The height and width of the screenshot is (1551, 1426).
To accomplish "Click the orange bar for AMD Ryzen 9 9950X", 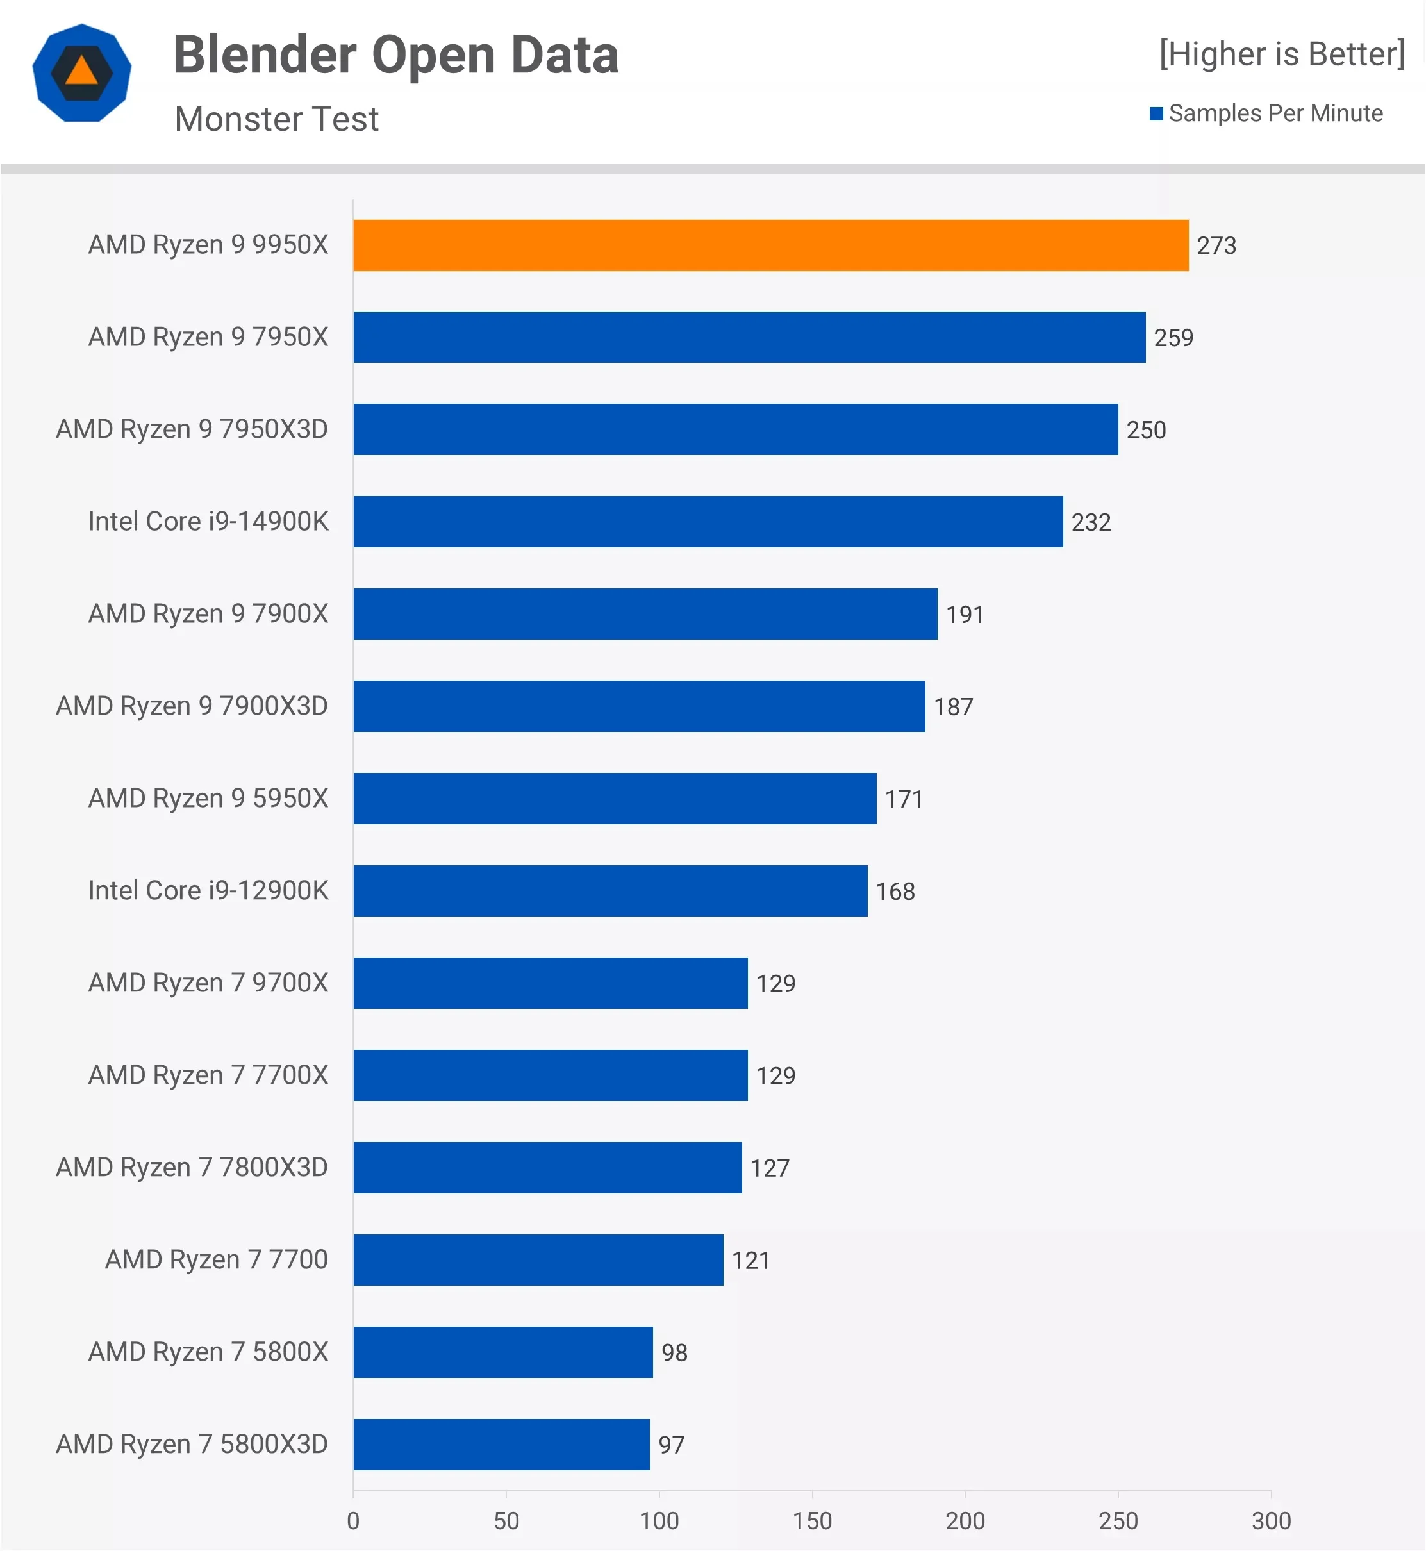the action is [771, 245].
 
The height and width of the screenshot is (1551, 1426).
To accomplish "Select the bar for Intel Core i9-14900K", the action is [708, 522].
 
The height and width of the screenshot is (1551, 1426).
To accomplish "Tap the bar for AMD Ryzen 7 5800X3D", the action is [502, 1445].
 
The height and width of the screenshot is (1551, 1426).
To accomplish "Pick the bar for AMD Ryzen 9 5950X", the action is [615, 799].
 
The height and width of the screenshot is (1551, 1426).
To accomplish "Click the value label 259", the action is [1173, 338].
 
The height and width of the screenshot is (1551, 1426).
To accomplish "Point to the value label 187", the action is [954, 707].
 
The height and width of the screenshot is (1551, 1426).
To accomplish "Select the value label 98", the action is [674, 1353].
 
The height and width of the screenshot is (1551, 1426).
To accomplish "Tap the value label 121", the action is [750, 1261].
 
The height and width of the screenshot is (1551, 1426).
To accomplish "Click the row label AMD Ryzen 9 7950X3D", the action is [192, 429].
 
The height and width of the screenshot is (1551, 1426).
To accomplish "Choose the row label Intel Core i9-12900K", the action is [208, 890].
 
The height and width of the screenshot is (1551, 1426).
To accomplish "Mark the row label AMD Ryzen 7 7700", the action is [217, 1260].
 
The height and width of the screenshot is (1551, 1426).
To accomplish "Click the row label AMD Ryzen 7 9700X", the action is [208, 983].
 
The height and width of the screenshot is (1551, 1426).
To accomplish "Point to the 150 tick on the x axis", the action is [813, 1521].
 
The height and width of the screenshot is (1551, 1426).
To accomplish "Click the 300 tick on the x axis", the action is [1271, 1521].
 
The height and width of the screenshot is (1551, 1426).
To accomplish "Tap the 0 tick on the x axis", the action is [353, 1521].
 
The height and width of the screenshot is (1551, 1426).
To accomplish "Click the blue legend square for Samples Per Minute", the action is [1156, 114].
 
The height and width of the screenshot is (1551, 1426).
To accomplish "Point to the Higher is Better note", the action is [1282, 54].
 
